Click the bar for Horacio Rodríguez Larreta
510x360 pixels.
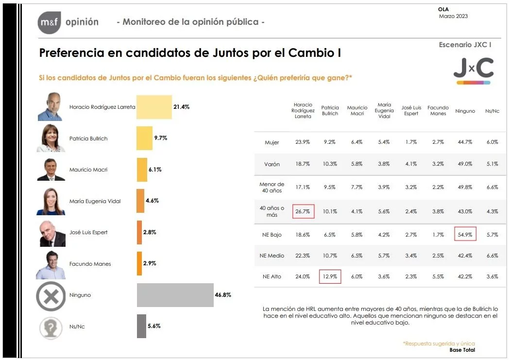154,107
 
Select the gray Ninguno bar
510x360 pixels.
175,295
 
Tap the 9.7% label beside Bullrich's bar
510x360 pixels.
161,138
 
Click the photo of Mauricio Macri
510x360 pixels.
51,169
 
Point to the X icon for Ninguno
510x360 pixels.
51,295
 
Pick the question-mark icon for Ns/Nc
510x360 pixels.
51,326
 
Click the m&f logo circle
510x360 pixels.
49,22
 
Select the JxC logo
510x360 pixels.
473,70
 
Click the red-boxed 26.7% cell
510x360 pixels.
304,211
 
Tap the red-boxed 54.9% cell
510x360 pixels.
465,234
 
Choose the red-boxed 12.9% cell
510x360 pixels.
330,276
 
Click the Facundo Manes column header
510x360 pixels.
438,111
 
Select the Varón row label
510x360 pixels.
272,164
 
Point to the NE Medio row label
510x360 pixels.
272,256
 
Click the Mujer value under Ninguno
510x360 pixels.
465,142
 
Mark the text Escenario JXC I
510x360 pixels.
465,45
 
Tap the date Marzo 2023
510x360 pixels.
453,17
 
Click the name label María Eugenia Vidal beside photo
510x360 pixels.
95,201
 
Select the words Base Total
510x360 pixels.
462,350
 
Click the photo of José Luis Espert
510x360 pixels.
51,232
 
